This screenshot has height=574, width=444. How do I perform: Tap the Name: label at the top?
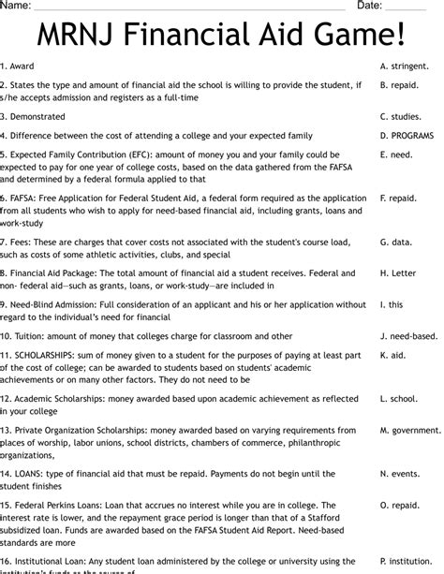tap(16, 6)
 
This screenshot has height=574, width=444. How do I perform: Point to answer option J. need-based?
tap(409, 336)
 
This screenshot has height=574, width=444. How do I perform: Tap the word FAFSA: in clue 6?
tap(27, 199)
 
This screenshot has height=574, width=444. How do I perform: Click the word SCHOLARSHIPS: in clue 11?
tap(46, 356)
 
